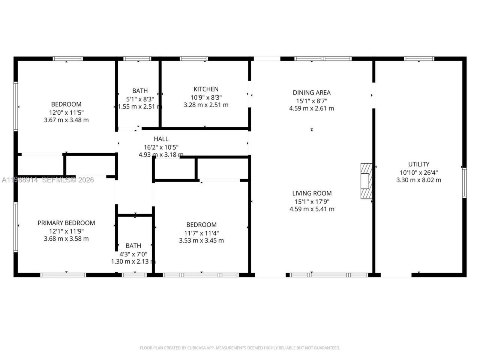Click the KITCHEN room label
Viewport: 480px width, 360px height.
click(x=206, y=89)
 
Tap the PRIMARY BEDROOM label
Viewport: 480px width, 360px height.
click(x=66, y=223)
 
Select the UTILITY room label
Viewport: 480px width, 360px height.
click(x=418, y=164)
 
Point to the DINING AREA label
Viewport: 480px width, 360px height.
click(x=311, y=93)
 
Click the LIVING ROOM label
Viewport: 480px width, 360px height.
click(x=312, y=193)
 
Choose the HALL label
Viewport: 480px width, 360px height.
click(x=161, y=139)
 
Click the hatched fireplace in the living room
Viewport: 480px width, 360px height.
click(x=366, y=181)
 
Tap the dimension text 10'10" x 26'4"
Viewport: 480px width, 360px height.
click(x=418, y=172)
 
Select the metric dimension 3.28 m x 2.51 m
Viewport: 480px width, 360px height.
click(x=206, y=105)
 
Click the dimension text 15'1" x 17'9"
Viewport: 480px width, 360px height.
click(x=312, y=201)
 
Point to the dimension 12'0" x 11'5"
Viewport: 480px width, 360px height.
click(x=66, y=112)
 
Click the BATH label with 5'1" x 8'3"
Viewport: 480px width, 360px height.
click(x=140, y=91)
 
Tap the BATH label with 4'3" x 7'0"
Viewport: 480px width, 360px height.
click(x=133, y=246)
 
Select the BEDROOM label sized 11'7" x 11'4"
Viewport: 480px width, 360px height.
click(x=201, y=225)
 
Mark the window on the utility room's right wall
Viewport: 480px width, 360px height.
click(x=464, y=183)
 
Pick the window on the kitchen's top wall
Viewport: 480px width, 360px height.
click(x=194, y=58)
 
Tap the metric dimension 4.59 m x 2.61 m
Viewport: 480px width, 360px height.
click(x=311, y=109)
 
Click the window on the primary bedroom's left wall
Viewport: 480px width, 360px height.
click(x=16, y=227)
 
